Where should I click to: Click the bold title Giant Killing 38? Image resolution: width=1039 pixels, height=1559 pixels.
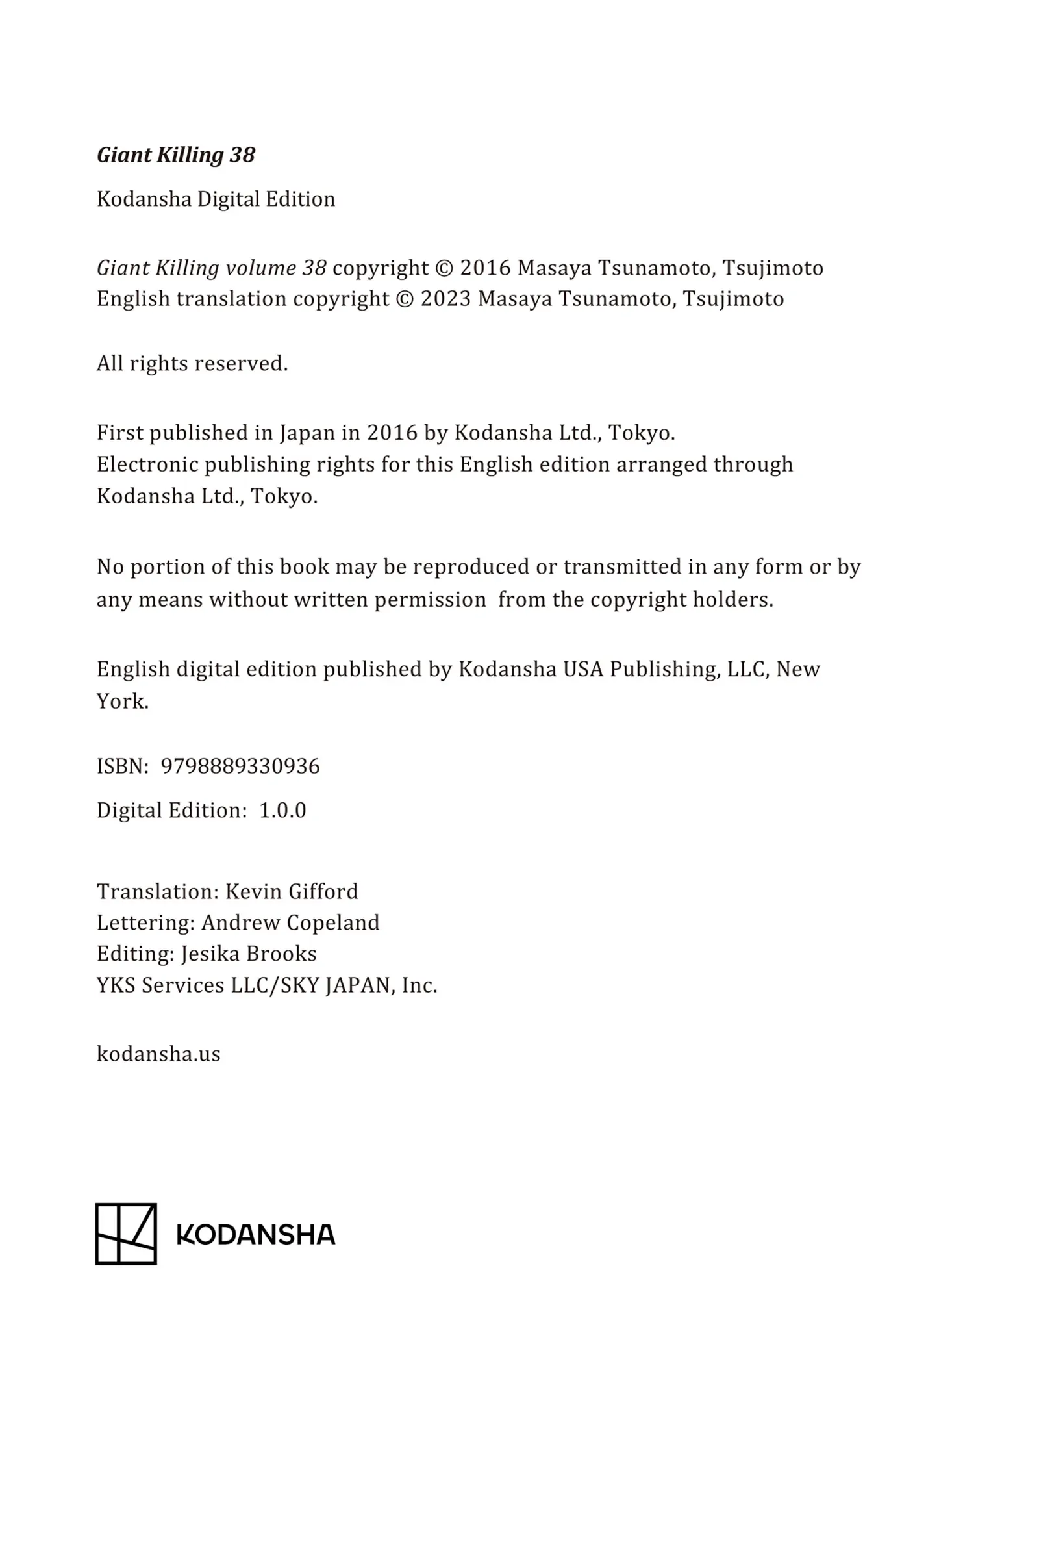point(175,155)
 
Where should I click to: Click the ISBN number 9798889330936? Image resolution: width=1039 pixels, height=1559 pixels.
point(240,767)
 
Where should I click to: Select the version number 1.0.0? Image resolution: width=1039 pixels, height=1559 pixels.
point(282,810)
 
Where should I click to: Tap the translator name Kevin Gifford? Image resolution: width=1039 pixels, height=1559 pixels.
point(292,891)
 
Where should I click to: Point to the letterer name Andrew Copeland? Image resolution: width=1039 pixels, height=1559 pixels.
point(290,922)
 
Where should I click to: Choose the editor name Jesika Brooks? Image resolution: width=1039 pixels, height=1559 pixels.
point(249,954)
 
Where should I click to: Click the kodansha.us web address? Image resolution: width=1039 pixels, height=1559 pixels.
point(158,1054)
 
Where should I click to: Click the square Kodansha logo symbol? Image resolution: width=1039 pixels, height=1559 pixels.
point(126,1234)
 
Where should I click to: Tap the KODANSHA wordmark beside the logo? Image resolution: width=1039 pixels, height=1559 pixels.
point(256,1235)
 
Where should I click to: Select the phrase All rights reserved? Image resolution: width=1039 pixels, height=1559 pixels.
point(192,363)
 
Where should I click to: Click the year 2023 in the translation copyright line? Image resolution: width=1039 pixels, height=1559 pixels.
point(445,299)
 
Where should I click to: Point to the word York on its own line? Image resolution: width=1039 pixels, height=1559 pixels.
point(123,702)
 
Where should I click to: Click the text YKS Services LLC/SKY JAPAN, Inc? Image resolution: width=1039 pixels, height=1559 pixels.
point(267,985)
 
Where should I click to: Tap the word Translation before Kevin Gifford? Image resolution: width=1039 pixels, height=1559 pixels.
point(157,891)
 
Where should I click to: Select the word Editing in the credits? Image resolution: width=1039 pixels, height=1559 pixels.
point(135,954)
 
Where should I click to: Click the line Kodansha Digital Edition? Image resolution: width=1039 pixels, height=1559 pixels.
point(216,199)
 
